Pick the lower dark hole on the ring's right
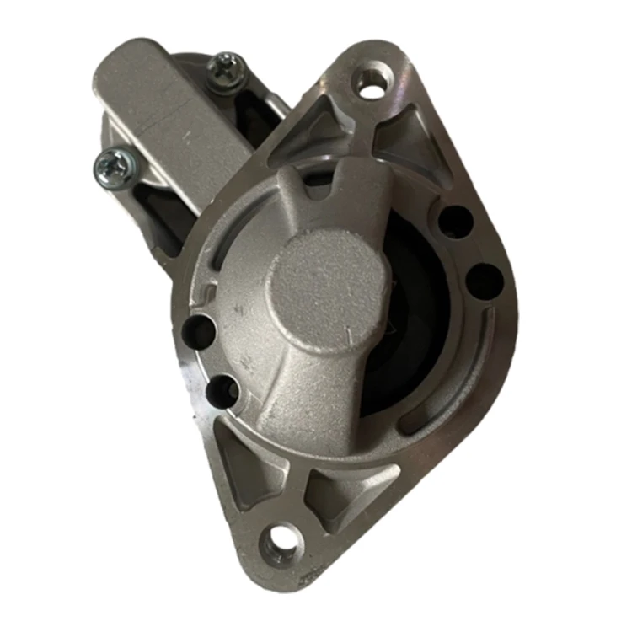[481, 280]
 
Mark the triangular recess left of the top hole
[324, 123]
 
